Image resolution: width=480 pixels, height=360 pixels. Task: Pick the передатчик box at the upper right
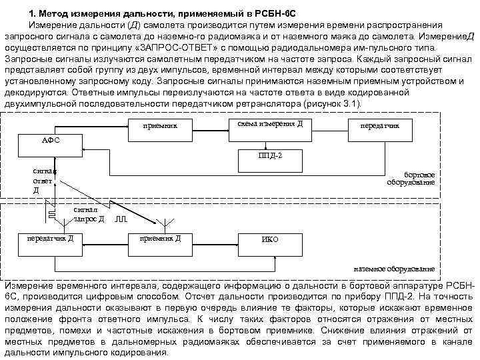(379, 125)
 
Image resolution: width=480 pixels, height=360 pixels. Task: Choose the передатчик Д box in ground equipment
(51, 239)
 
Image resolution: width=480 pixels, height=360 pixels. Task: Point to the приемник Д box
(159, 239)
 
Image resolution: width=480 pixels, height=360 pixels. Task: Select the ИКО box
(270, 240)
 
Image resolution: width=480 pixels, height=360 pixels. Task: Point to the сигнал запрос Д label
(89, 214)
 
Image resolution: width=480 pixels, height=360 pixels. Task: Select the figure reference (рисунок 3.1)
(331, 105)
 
